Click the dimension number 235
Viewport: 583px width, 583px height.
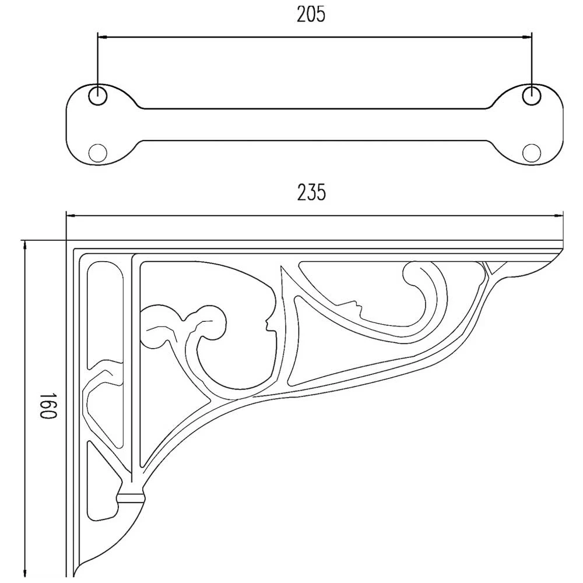click(311, 192)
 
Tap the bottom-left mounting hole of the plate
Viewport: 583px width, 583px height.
click(97, 153)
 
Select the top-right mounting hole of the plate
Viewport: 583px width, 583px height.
click(531, 95)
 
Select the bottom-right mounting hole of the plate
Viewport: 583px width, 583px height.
click(531, 153)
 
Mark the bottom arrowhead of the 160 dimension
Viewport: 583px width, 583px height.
click(24, 571)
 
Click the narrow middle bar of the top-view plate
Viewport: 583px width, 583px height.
click(314, 124)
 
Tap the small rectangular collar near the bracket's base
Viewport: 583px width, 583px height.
click(131, 497)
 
